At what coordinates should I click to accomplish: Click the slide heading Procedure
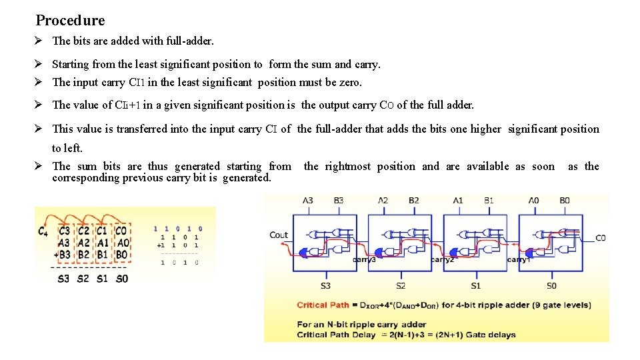pos(70,21)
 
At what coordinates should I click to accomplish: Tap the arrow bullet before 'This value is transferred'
pos(40,129)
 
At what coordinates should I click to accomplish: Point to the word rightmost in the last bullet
pos(348,167)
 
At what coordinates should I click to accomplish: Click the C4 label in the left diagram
pos(43,231)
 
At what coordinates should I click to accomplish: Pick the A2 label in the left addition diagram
pos(83,243)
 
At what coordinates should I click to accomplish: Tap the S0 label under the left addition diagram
pos(121,278)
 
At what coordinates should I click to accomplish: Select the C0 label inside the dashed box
pos(121,231)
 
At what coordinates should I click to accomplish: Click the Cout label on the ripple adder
pos(279,235)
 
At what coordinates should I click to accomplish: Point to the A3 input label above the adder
pos(308,201)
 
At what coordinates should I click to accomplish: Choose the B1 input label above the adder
pos(489,201)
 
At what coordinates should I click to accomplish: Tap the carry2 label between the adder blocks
pos(442,260)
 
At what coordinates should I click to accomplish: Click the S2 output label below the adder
pos(401,285)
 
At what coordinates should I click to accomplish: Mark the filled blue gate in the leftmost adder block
pos(307,252)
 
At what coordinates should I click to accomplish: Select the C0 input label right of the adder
pos(600,238)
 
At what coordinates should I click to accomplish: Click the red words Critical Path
pos(322,305)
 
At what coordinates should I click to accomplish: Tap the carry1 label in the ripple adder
pos(518,260)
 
